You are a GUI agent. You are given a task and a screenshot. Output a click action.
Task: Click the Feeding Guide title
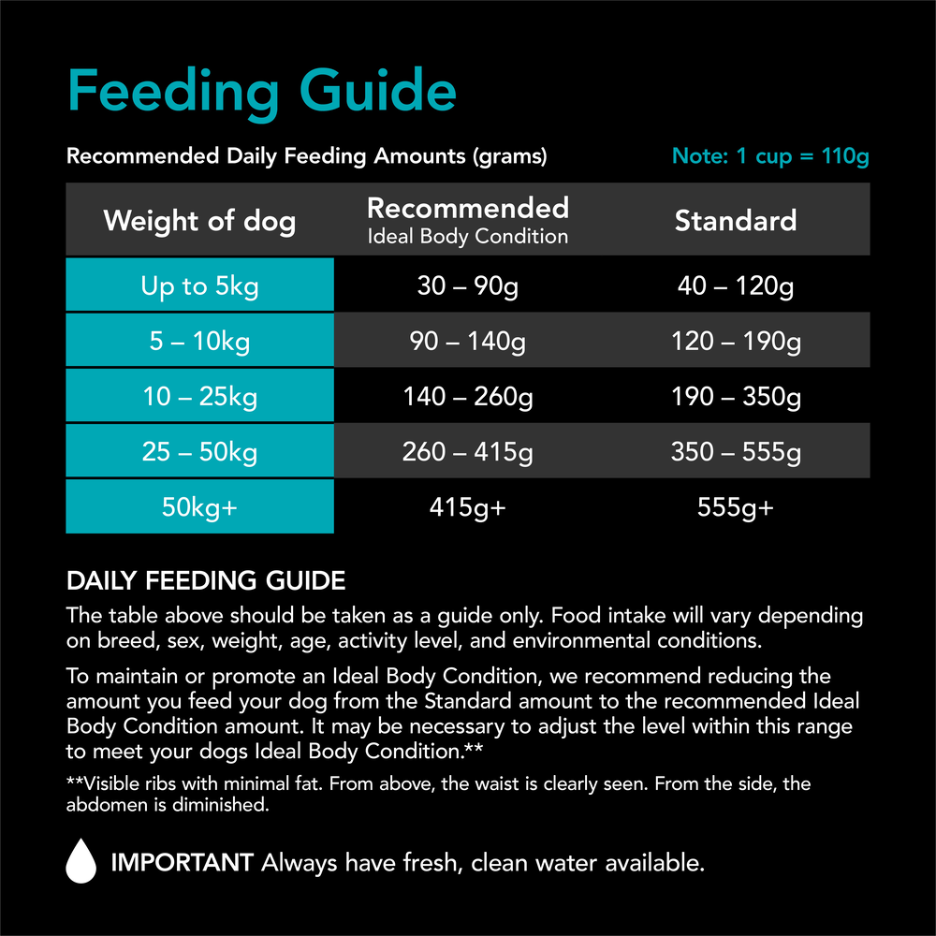262,92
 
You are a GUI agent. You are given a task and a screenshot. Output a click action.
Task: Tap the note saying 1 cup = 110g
770,156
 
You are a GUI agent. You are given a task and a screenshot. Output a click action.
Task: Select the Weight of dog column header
199,221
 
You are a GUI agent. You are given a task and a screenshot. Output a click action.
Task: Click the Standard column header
736,221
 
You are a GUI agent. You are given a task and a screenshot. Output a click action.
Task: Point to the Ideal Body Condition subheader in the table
468,237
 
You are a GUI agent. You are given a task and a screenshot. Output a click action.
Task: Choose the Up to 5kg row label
199,286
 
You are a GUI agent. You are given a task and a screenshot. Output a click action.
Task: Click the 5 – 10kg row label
199,342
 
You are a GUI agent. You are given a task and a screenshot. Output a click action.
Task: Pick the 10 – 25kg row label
199,397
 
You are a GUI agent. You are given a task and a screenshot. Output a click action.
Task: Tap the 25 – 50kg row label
199,452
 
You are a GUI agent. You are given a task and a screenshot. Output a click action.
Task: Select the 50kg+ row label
199,507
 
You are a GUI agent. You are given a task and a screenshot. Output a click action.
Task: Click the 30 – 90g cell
468,286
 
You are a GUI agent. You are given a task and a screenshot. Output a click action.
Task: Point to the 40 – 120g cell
736,286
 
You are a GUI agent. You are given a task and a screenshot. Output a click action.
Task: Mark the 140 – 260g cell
468,397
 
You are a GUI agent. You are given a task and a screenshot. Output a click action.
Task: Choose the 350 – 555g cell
736,452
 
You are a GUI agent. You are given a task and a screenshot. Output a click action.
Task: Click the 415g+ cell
468,507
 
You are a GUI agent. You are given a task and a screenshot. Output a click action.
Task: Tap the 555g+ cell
736,507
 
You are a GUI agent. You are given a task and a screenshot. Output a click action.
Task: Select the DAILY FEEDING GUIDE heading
206,581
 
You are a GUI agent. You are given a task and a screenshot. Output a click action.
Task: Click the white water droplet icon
81,860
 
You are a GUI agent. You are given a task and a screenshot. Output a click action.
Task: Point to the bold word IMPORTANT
182,862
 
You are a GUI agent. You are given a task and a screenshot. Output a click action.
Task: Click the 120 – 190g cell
736,342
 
